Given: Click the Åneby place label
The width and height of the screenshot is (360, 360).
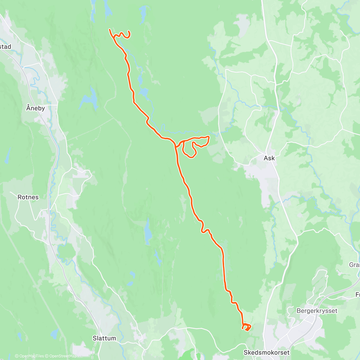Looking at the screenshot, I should [35, 108].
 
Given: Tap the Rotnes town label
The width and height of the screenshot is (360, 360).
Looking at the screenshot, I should [28, 197].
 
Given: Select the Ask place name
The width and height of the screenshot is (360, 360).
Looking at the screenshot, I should [269, 158].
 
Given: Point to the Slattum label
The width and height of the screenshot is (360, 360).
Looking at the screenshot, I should [104, 338].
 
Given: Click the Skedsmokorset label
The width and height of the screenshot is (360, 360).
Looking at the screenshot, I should [267, 352].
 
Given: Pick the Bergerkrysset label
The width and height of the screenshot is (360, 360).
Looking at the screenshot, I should [317, 310].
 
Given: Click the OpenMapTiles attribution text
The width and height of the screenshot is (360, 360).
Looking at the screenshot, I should [31, 356].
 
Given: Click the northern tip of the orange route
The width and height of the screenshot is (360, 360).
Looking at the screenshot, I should [109, 29].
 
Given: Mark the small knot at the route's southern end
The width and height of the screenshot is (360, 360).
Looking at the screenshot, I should [246, 327].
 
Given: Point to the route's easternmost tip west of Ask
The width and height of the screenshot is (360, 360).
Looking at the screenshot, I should [208, 137].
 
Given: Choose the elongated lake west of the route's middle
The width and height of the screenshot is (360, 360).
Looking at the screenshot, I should [148, 231].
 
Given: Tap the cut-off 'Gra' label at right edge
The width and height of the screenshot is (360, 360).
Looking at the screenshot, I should [354, 265].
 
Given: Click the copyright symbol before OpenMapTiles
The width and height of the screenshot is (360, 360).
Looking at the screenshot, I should [17, 356].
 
